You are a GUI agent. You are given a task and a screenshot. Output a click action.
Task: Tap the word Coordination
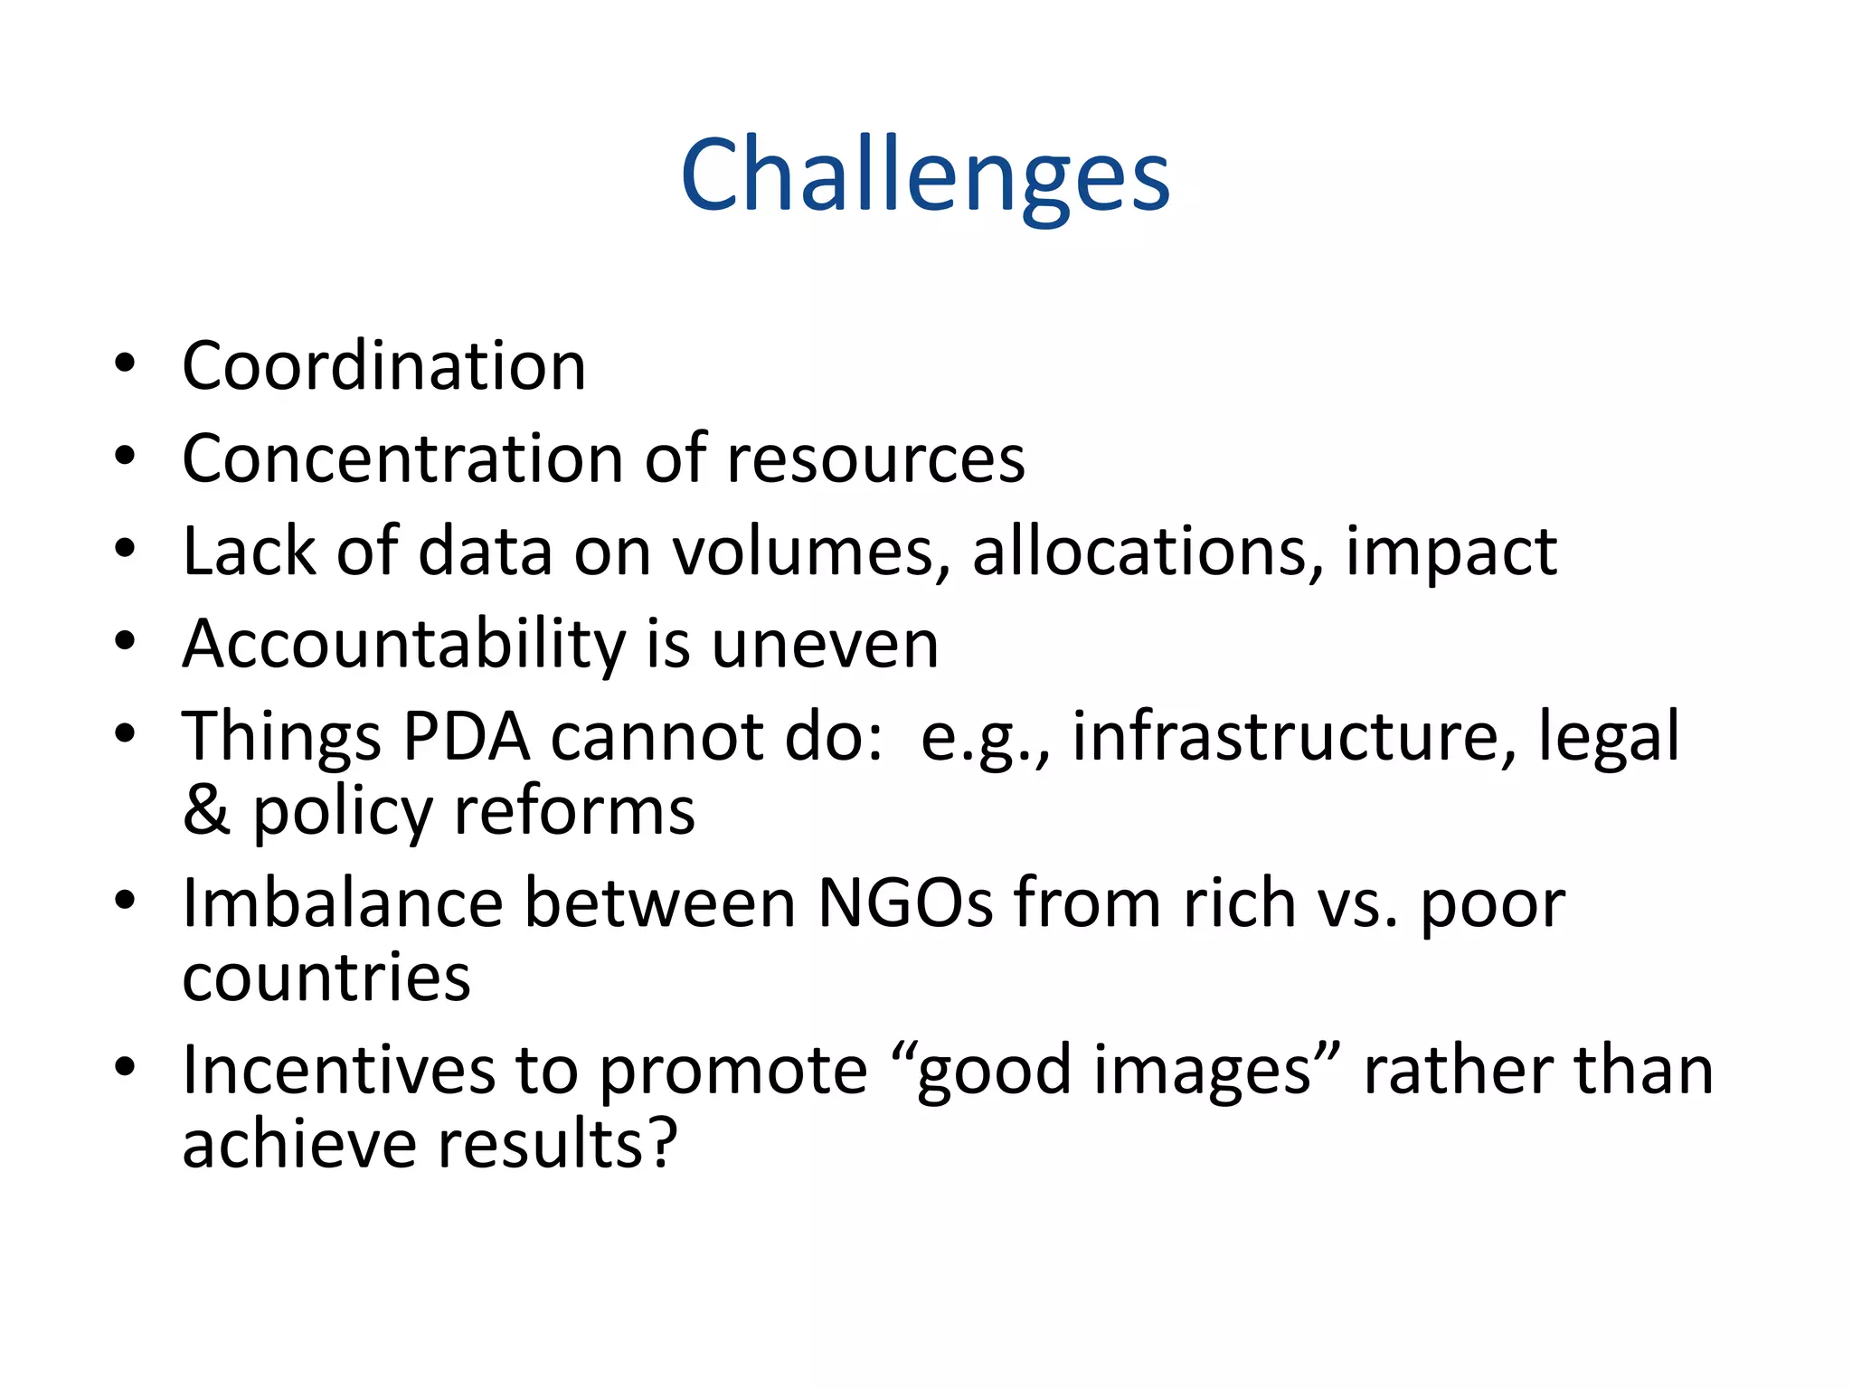[384, 366]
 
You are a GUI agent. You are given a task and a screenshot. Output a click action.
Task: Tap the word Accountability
[404, 646]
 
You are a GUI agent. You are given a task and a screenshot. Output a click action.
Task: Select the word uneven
[825, 646]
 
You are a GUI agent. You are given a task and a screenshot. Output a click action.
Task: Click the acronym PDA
[466, 737]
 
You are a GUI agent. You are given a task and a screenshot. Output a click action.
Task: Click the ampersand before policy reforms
[207, 810]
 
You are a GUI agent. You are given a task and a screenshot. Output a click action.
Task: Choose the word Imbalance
[343, 903]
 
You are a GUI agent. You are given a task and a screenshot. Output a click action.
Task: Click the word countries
[326, 978]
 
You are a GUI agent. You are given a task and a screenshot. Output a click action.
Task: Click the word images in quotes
[1202, 1072]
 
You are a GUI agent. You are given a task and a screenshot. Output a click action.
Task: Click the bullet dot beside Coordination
[125, 364]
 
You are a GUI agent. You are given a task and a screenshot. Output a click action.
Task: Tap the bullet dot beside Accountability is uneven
[125, 641]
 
